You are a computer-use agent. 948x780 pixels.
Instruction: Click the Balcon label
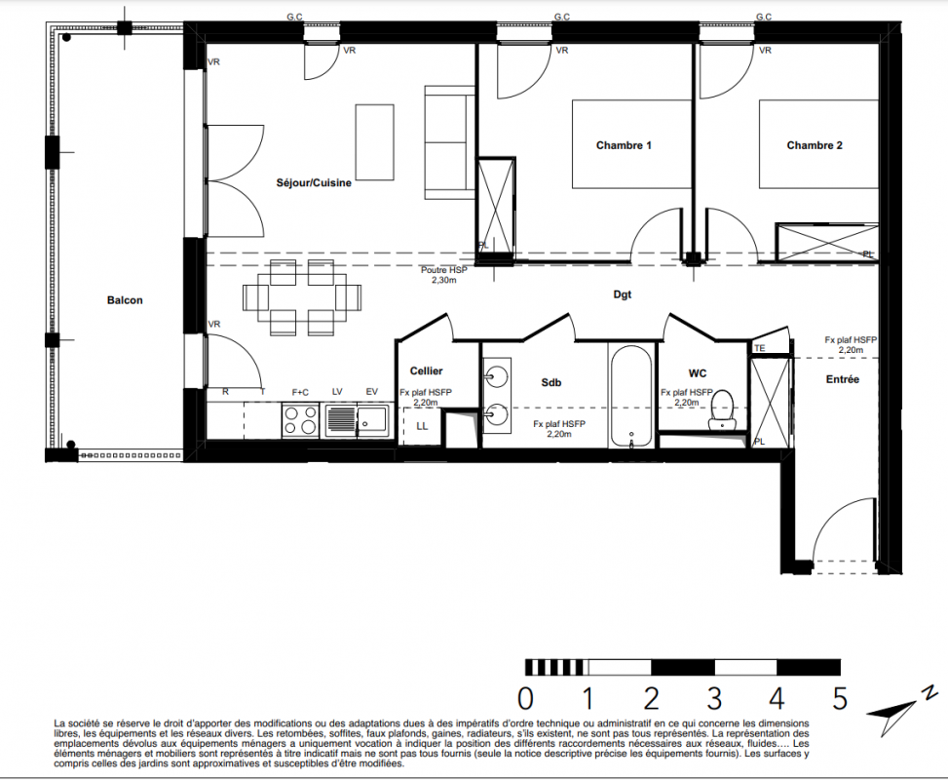coord(125,300)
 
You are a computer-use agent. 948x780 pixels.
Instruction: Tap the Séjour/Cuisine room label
coord(314,182)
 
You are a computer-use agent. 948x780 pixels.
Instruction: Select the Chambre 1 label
coord(624,145)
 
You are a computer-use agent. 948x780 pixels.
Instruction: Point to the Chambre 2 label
coord(815,145)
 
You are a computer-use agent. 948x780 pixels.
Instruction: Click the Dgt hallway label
coord(623,294)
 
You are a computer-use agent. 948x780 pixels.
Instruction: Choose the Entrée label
coord(842,379)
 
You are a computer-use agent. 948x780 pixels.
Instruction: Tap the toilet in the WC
coord(721,409)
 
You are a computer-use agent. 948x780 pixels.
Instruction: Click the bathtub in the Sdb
coord(631,397)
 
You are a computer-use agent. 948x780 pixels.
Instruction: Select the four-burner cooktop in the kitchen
coord(300,420)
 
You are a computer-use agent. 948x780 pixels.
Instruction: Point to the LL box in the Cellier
coord(422,427)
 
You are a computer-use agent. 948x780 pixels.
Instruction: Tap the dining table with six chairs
coord(302,297)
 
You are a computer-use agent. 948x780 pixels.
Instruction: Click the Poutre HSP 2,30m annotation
coord(443,275)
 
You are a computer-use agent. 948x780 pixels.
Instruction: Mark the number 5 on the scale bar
coord(839,699)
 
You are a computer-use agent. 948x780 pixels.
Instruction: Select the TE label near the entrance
coord(759,348)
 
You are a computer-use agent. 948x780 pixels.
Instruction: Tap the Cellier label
coord(426,370)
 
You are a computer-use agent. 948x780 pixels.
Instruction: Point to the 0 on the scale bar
coord(525,699)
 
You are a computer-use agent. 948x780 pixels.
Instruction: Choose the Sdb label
coord(550,382)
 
